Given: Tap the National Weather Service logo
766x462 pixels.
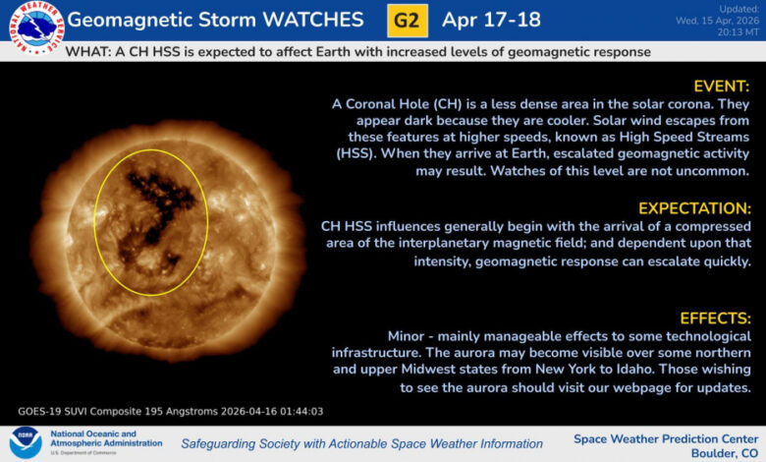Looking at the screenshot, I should pyautogui.click(x=31, y=27).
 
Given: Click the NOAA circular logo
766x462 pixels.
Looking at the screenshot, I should pyautogui.click(x=25, y=443).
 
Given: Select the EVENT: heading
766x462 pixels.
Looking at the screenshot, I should pyautogui.click(x=721, y=87).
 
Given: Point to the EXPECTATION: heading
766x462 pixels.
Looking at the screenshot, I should pyautogui.click(x=693, y=208).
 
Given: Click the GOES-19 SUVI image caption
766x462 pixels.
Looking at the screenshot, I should pyautogui.click(x=170, y=411).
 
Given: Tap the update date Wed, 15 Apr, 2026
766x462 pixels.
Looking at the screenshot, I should pyautogui.click(x=716, y=20).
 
